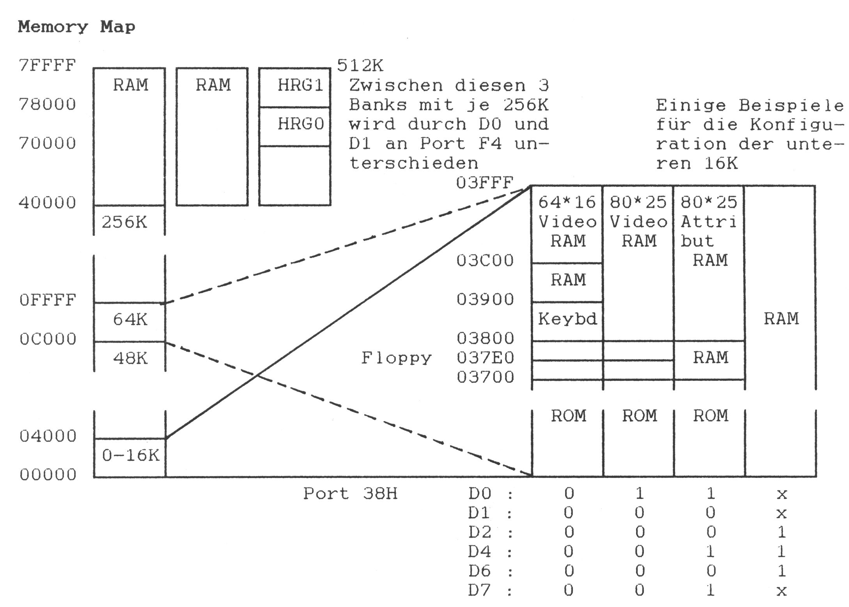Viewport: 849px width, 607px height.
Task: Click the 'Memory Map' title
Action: [x=76, y=27]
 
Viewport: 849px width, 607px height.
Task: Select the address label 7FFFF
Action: [x=47, y=65]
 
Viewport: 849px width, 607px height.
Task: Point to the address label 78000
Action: [x=47, y=104]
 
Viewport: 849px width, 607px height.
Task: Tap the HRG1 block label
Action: [x=300, y=85]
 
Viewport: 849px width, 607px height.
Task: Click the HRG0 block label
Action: [x=300, y=124]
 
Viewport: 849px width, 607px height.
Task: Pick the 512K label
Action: [x=360, y=65]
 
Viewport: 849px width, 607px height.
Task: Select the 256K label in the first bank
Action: [x=124, y=222]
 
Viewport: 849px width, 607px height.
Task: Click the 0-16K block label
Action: [x=131, y=455]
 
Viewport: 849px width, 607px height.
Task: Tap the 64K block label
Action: [x=130, y=319]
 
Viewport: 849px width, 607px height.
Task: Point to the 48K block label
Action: [x=130, y=358]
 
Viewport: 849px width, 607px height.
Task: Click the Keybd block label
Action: [x=567, y=319]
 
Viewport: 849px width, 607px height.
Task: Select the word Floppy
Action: [x=396, y=358]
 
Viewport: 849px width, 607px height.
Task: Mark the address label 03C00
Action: [x=485, y=260]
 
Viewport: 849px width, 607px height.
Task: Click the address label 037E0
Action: [x=485, y=357]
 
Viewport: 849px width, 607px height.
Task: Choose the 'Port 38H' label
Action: [x=350, y=494]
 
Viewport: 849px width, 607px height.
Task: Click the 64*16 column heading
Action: [x=567, y=202]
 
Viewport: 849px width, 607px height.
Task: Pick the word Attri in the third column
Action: [x=708, y=222]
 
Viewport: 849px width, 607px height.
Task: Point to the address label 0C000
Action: [x=48, y=339]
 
